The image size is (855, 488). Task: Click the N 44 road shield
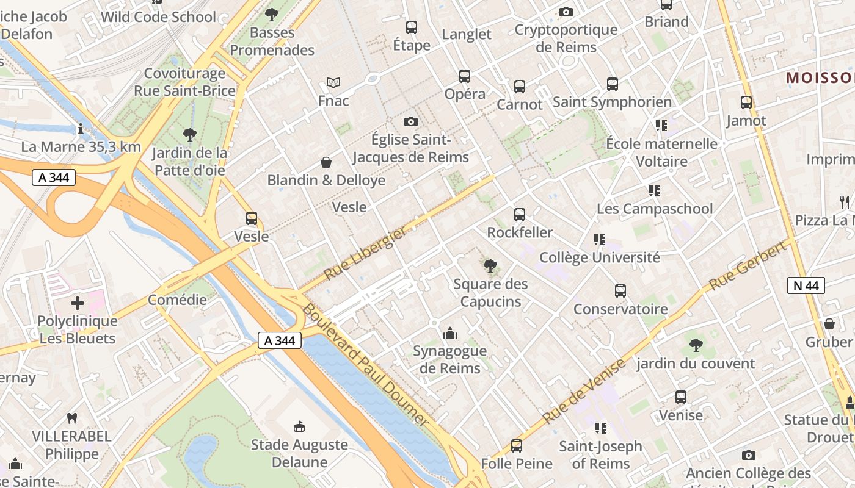tap(806, 285)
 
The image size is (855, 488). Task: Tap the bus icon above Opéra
tap(465, 76)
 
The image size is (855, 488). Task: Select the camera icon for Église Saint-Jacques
tap(411, 122)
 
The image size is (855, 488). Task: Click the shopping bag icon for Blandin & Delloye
tap(326, 162)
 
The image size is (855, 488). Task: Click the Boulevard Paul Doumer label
tap(365, 364)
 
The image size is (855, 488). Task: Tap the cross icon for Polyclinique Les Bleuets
tap(78, 303)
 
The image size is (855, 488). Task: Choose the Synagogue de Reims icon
tap(450, 333)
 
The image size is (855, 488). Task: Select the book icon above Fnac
tap(333, 82)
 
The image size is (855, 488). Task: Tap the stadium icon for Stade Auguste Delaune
tap(299, 426)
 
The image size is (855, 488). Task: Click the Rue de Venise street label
tap(584, 392)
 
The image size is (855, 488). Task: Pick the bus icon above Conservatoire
tap(620, 291)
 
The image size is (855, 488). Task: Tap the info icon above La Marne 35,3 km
tap(81, 129)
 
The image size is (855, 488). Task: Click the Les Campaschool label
tap(655, 209)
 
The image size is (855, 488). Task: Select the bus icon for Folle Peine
tap(517, 446)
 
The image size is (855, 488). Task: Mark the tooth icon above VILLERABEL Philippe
tap(72, 418)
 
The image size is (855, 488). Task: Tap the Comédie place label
tap(177, 300)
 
